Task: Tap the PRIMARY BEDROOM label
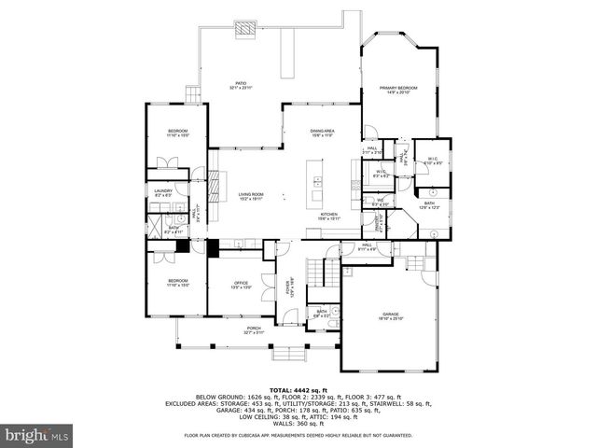click(x=397, y=88)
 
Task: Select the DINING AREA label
click(x=322, y=131)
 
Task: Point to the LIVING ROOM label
click(x=249, y=194)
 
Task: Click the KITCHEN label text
click(x=329, y=215)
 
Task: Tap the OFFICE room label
click(x=241, y=283)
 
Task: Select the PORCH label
click(x=254, y=328)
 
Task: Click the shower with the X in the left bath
click(x=152, y=227)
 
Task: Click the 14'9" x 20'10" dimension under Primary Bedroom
click(x=397, y=93)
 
